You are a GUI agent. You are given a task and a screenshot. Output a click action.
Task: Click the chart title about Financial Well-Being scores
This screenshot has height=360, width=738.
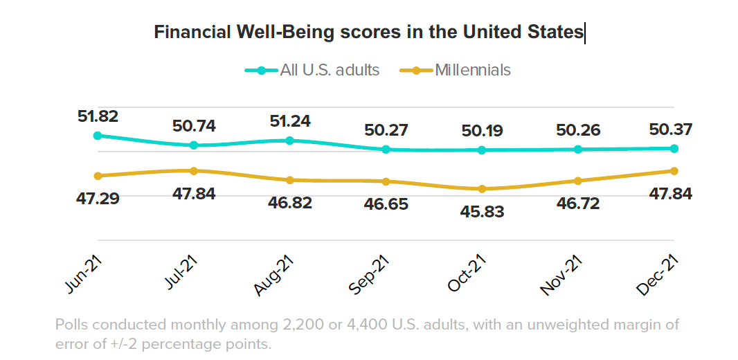tap(369, 33)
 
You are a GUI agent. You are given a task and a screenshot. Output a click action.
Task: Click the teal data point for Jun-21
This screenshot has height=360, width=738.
tap(98, 136)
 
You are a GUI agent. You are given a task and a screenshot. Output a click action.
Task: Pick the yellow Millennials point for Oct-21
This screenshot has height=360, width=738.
tap(482, 189)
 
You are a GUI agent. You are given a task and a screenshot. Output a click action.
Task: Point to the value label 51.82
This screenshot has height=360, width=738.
tap(98, 116)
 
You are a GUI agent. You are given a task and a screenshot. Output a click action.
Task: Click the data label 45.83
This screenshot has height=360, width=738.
tap(482, 212)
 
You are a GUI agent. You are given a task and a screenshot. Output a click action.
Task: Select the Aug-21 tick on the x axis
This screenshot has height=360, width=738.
tap(276, 275)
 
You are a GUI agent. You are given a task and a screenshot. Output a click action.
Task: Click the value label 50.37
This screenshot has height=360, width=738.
tap(671, 129)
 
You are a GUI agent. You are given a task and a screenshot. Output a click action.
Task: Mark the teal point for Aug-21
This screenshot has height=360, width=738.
tap(290, 141)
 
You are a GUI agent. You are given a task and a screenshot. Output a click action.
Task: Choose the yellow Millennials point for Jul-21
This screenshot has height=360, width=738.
tap(194, 170)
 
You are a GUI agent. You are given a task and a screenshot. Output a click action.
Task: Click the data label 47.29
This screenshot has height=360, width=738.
tap(98, 199)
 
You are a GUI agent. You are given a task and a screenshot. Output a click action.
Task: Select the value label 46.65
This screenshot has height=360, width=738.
tap(386, 204)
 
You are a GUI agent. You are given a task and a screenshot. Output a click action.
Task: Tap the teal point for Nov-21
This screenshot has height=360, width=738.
tap(577, 149)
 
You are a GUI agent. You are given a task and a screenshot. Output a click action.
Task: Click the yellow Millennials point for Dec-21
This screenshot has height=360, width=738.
tap(674, 171)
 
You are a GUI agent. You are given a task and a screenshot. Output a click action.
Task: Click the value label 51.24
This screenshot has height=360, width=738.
tap(290, 121)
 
